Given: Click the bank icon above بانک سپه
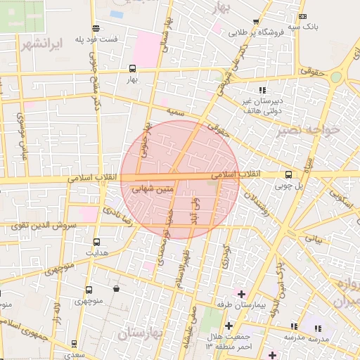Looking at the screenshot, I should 302,16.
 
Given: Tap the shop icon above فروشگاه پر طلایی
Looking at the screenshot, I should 255,22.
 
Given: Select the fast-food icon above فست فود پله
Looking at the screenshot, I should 96,28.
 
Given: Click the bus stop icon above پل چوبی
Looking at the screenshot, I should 288,174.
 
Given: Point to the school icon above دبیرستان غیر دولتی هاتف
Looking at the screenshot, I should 262,90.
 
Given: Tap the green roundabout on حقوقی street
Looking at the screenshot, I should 336,77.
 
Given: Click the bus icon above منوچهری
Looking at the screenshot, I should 89,290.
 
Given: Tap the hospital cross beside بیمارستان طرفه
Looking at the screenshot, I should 241,293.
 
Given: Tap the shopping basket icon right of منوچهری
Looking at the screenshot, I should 115,289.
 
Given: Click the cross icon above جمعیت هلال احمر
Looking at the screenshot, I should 229,325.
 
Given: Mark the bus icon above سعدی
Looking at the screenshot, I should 75,344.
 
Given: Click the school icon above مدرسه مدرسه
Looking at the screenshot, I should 318,328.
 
